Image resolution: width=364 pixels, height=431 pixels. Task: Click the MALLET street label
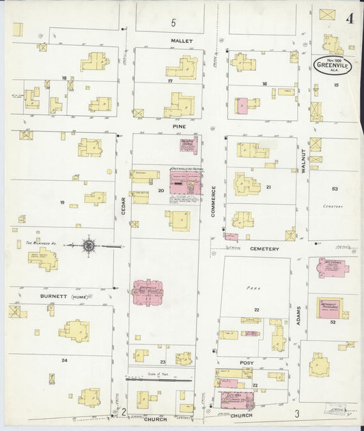182,41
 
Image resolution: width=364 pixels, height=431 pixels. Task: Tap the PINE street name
179,126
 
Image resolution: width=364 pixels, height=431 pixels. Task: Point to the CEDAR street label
124,207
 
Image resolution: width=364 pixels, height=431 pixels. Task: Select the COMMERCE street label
213,203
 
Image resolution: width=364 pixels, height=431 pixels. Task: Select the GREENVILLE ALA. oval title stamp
331,66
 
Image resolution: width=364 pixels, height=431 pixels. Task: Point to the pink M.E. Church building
329,267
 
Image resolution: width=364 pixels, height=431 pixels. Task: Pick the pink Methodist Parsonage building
329,306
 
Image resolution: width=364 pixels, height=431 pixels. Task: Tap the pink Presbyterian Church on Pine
188,145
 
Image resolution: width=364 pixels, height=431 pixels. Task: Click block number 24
64,359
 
